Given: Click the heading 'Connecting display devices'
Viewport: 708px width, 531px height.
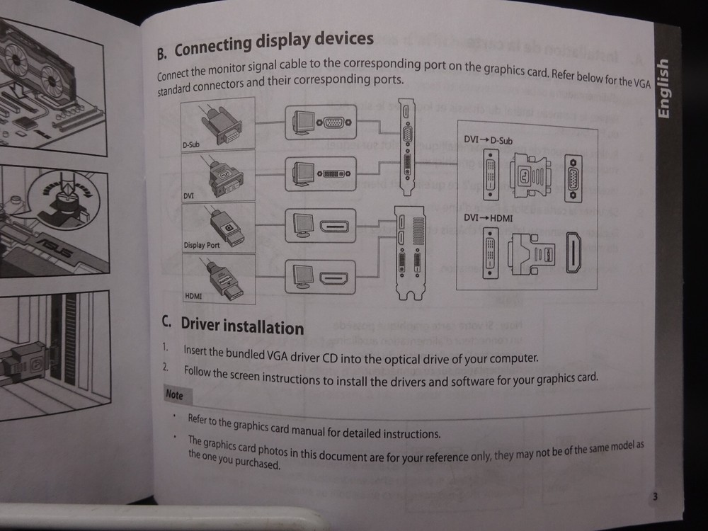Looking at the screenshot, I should (273, 44).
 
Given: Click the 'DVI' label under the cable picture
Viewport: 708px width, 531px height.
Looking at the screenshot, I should (189, 195).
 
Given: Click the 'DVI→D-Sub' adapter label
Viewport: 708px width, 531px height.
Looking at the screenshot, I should (488, 140).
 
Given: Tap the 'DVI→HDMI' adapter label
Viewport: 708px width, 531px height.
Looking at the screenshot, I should (489, 219).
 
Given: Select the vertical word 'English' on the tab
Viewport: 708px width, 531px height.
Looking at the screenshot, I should (662, 88).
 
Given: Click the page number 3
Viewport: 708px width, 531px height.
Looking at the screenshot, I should (655, 496).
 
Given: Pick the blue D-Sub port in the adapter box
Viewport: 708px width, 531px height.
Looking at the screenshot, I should (569, 177).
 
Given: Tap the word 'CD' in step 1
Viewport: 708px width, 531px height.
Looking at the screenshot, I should (329, 358).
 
